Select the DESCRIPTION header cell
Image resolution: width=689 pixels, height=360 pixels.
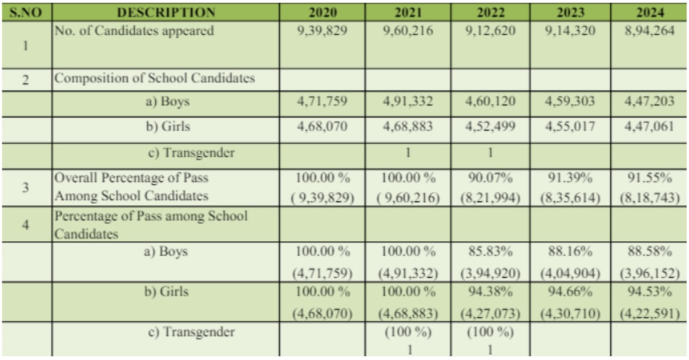pyautogui.click(x=165, y=12)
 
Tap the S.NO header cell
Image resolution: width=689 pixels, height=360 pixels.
pyautogui.click(x=25, y=12)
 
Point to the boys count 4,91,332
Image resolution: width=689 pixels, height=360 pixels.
pyautogui.click(x=407, y=102)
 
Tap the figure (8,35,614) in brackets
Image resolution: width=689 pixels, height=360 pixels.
pyautogui.click(x=570, y=196)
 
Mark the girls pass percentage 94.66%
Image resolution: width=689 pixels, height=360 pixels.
pyautogui.click(x=570, y=292)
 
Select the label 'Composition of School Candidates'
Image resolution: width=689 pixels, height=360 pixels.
pyautogui.click(x=155, y=78)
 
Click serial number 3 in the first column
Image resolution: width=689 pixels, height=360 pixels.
pyautogui.click(x=25, y=187)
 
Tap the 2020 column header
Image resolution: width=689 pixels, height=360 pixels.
pyautogui.click(x=322, y=12)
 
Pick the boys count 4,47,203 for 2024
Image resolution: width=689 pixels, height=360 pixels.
pyautogui.click(x=649, y=102)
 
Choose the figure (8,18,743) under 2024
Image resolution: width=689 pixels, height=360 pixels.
pyautogui.click(x=649, y=196)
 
